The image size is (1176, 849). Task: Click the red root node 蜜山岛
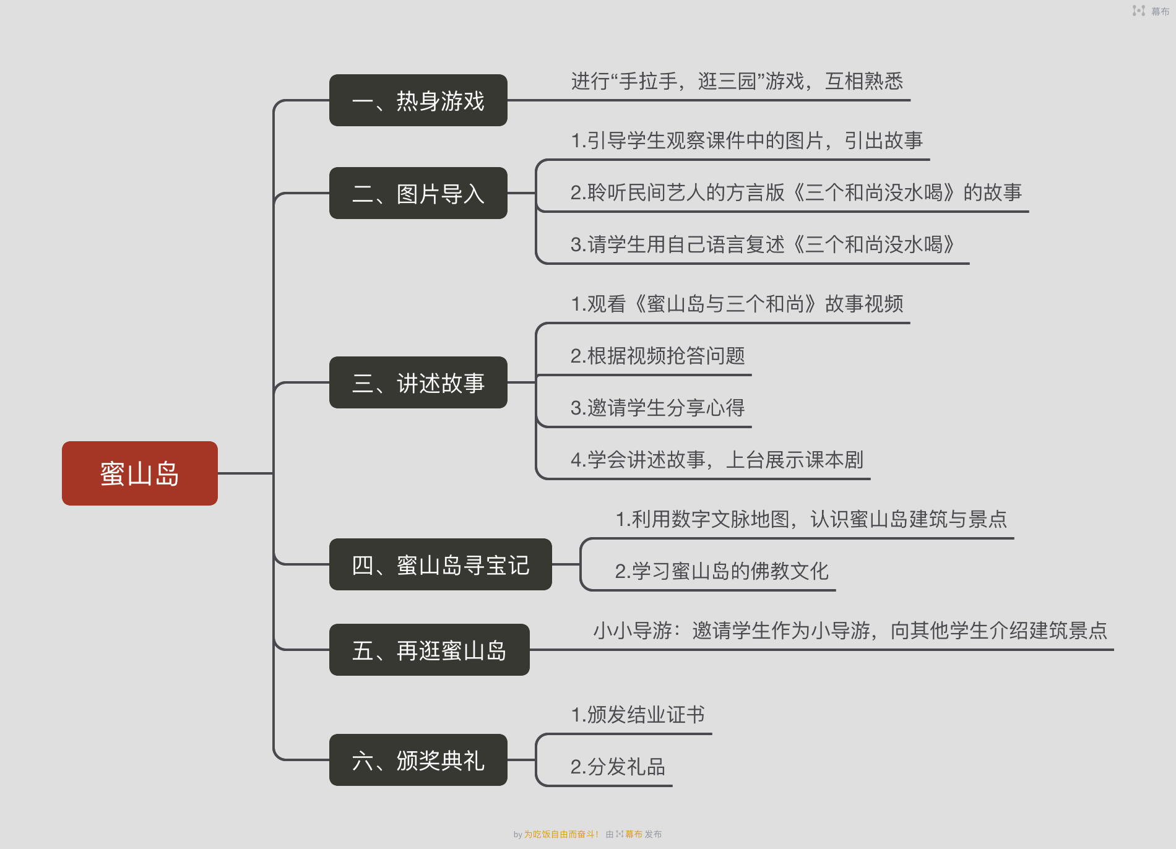click(x=140, y=473)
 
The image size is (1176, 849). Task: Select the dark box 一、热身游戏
click(x=418, y=100)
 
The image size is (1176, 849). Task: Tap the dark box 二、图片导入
click(x=418, y=193)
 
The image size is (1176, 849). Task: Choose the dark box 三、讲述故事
click(x=418, y=382)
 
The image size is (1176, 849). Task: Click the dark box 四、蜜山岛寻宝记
click(x=441, y=564)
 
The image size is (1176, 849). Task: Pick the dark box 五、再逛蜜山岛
click(x=430, y=650)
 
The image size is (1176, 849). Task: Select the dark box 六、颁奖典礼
click(x=418, y=760)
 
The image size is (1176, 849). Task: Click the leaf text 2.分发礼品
click(x=618, y=767)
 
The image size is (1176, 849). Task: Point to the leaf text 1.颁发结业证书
click(x=638, y=715)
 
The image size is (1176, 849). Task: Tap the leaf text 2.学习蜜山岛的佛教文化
click(x=721, y=571)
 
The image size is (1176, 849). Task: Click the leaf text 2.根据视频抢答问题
click(x=657, y=356)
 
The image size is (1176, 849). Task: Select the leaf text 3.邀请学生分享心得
click(x=657, y=408)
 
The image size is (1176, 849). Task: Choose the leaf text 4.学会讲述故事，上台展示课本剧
click(x=717, y=460)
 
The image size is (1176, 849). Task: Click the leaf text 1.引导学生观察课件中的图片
click(x=746, y=140)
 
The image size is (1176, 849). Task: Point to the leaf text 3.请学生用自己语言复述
click(x=762, y=244)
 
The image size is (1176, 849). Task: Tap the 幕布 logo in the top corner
click(x=1151, y=11)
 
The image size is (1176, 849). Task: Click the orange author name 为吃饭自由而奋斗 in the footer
click(x=560, y=834)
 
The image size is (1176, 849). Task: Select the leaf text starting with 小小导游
click(x=850, y=631)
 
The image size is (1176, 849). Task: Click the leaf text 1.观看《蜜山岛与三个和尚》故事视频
click(x=737, y=304)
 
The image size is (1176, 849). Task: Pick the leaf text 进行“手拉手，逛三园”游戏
click(x=737, y=81)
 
